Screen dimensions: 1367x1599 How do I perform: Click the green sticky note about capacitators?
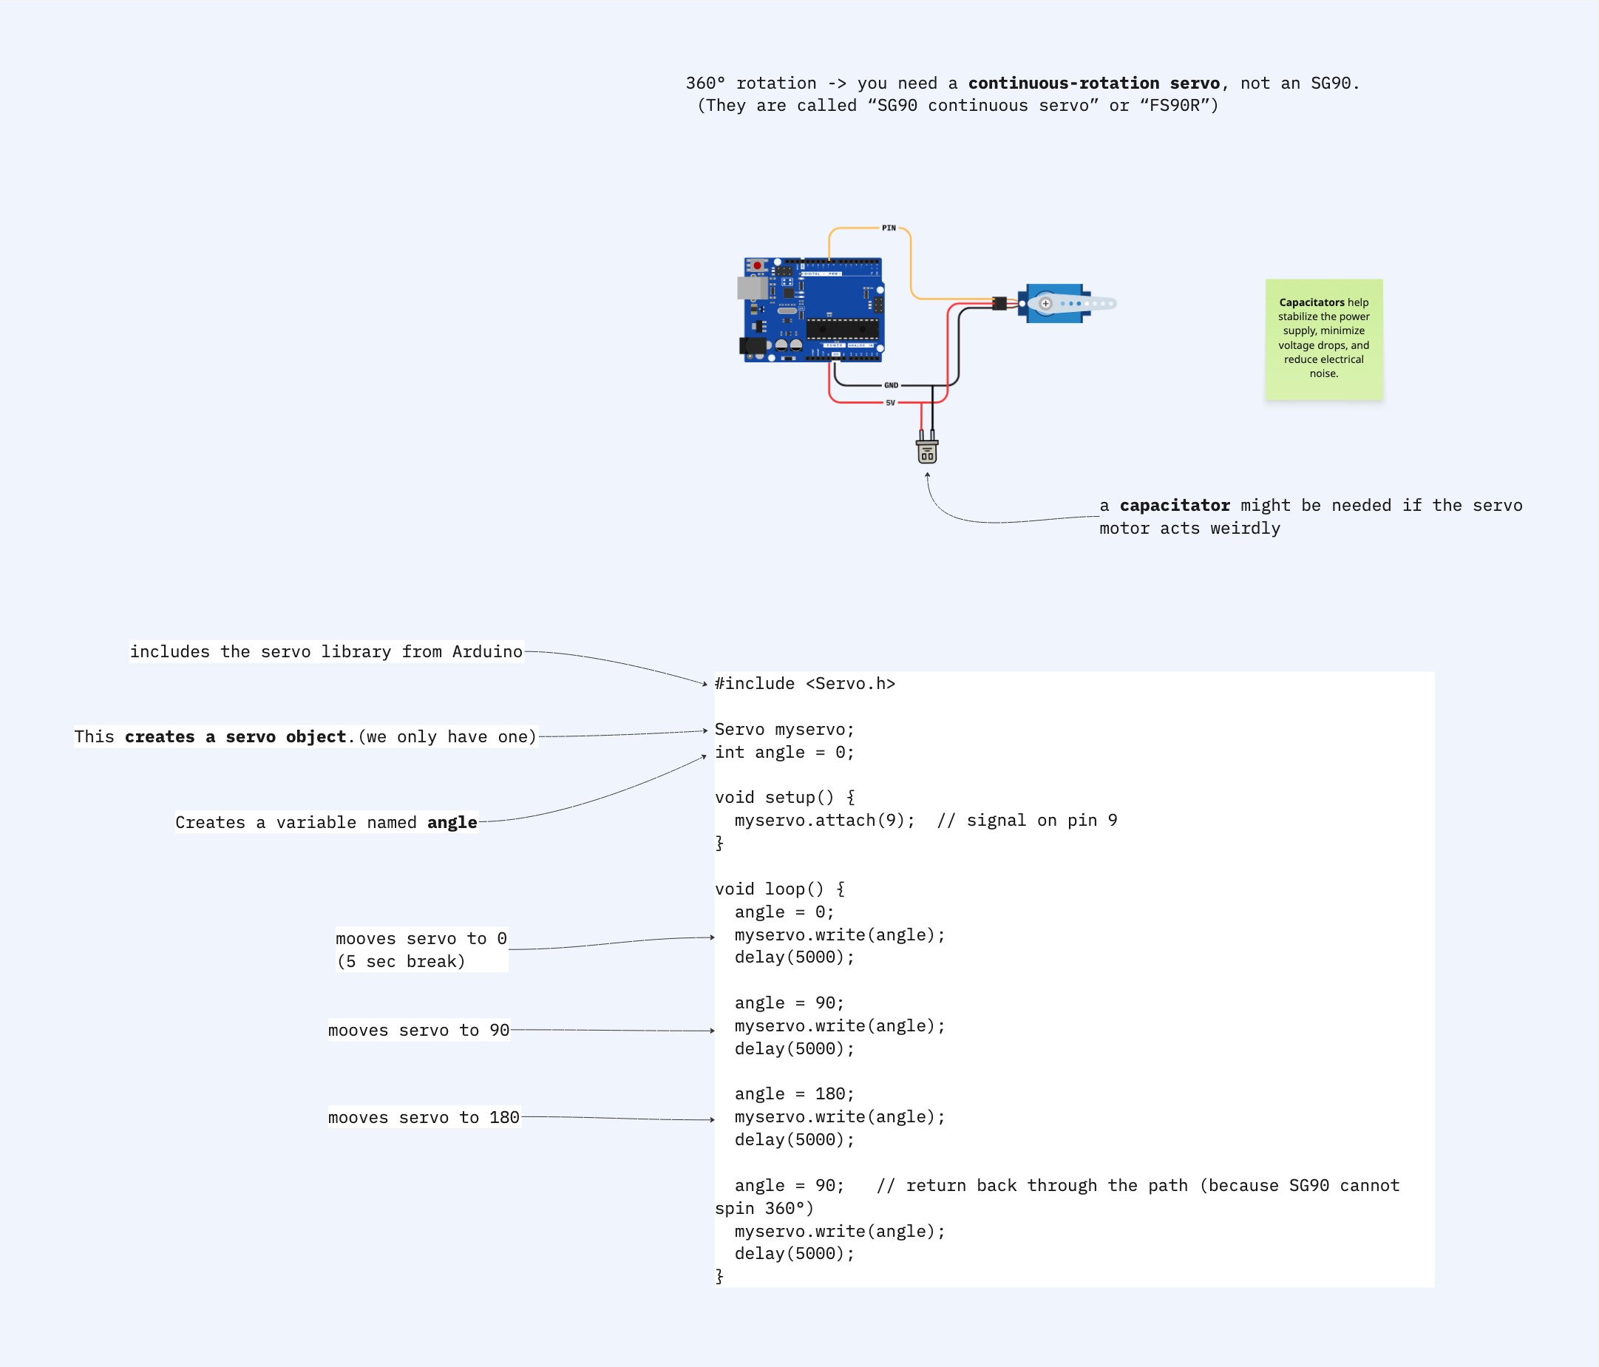(1323, 339)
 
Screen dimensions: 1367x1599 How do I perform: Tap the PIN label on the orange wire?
(889, 228)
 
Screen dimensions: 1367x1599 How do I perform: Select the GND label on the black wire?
(892, 385)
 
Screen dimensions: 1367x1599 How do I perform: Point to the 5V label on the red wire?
(891, 403)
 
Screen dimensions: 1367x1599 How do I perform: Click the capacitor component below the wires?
(927, 450)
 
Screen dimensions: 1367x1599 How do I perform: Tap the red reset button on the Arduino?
(757, 265)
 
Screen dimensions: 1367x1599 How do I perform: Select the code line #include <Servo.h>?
(805, 684)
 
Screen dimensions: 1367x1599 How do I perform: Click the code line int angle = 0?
(784, 753)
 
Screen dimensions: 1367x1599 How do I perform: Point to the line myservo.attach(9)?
(824, 821)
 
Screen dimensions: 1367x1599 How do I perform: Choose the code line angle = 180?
(794, 1093)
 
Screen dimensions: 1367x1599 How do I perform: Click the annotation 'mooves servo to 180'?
(424, 1118)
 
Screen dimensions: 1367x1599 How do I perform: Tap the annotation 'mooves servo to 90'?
(418, 1031)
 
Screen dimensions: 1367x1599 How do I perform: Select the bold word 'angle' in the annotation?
(452, 823)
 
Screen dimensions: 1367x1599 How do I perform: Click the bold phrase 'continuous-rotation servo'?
(1094, 84)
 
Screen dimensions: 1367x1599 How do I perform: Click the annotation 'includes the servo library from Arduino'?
(327, 652)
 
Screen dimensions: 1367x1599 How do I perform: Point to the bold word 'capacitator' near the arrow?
(1175, 506)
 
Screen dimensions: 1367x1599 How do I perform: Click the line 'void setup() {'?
(784, 797)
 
